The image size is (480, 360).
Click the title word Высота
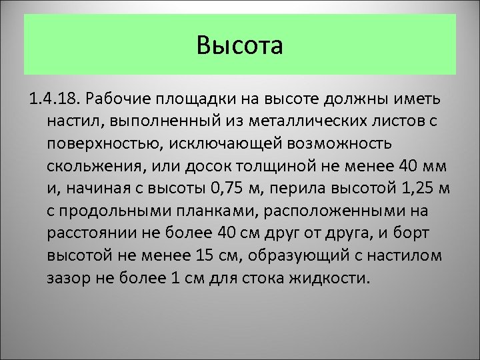[240, 46]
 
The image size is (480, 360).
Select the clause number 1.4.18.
[55, 100]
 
